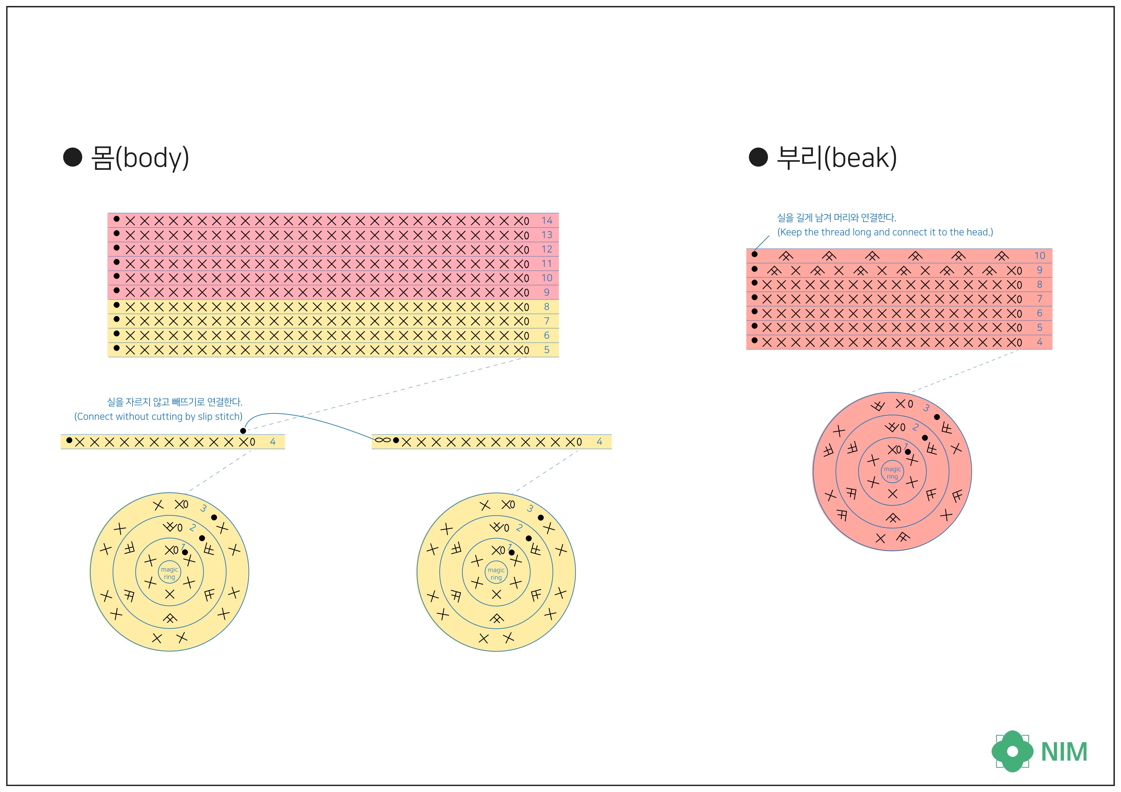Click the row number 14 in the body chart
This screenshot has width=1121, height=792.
tap(546, 221)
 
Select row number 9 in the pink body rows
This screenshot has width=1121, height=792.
tap(546, 292)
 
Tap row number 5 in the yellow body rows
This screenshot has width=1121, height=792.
tap(546, 350)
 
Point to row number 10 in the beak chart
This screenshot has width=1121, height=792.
tap(1040, 256)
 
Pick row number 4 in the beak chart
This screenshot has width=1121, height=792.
tap(1040, 342)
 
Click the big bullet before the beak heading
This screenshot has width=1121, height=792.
tap(758, 157)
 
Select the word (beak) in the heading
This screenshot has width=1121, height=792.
tap(860, 158)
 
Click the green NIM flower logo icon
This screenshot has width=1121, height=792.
tap(1012, 751)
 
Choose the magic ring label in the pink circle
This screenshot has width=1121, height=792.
tap(892, 472)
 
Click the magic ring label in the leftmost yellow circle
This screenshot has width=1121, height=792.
tap(169, 573)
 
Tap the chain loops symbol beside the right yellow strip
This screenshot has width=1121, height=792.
tap(383, 440)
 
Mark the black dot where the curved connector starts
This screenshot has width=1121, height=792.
tap(243, 431)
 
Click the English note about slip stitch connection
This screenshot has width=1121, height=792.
tap(158, 416)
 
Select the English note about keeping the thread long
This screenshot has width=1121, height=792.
tap(885, 232)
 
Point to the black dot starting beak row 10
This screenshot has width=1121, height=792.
tap(754, 254)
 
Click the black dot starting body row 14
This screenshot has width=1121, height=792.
tap(116, 219)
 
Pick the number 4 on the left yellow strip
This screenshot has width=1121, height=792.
tap(273, 442)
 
